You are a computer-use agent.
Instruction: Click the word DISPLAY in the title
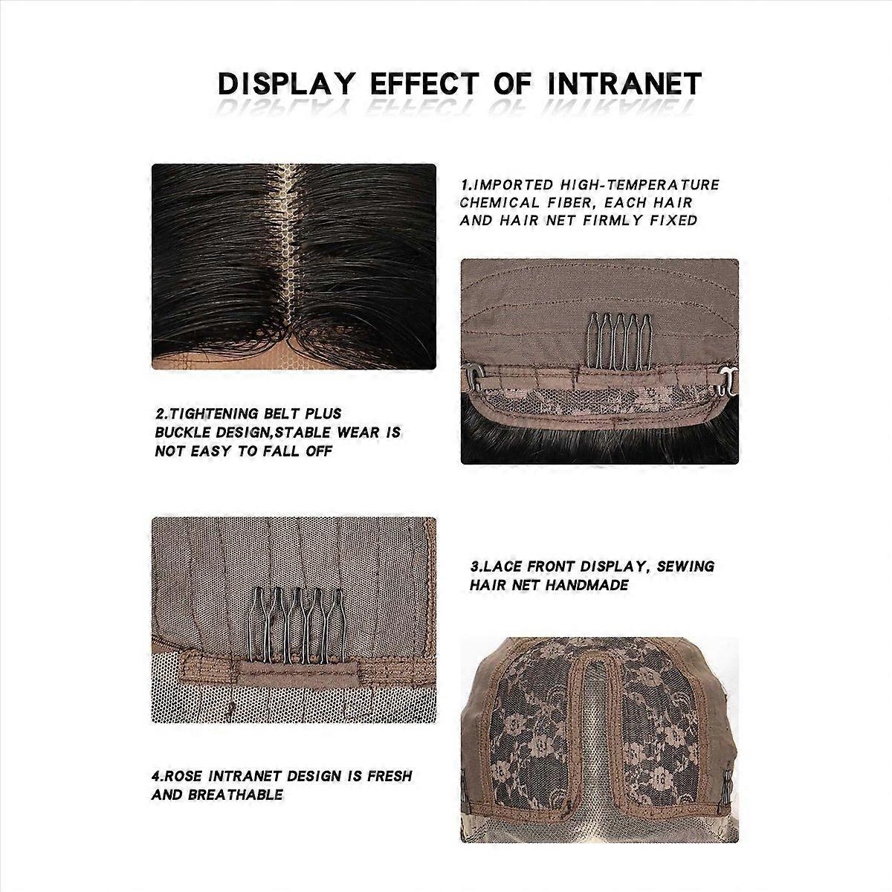[x=286, y=84]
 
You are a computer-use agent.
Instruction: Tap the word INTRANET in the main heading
[x=624, y=84]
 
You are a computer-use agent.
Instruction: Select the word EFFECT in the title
[x=424, y=84]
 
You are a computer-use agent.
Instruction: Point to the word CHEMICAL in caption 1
[x=500, y=203]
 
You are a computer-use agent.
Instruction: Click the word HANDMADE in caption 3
[x=587, y=585]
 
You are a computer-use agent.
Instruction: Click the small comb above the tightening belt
[x=619, y=342]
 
